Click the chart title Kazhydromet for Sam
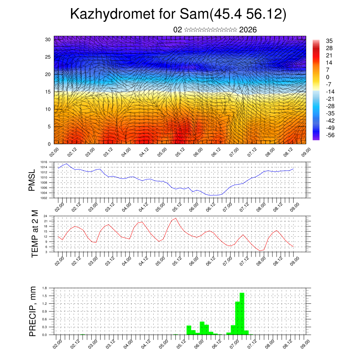tap(178, 14)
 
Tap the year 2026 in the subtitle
tap(248, 30)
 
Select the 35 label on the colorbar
tap(329, 41)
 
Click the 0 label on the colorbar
tap(328, 77)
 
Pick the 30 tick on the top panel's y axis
tap(48, 39)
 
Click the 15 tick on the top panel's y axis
tap(48, 92)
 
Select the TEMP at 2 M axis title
tap(34, 233)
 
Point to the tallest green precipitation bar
tap(242, 313)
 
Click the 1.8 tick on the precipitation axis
tap(45, 288)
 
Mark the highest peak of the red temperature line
tap(175, 218)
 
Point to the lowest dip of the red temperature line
tap(260, 251)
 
